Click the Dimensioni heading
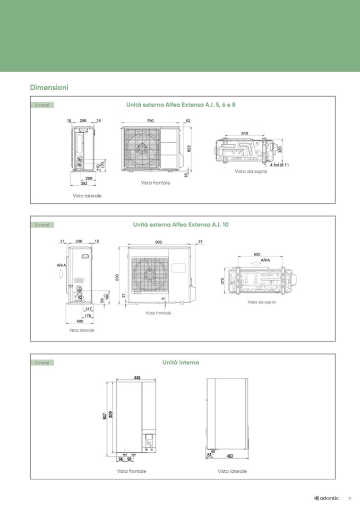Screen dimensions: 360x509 (49, 88)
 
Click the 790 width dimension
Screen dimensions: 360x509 (150, 121)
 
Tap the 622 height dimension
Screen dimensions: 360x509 (189, 148)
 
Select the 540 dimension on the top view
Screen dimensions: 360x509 (245, 133)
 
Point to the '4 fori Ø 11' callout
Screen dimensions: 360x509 (279, 165)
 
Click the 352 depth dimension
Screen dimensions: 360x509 (84, 184)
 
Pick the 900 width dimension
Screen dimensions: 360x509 (158, 242)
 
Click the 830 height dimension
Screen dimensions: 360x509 (117, 277)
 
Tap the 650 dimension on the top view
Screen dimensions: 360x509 (257, 255)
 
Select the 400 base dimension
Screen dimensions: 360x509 (80, 321)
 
